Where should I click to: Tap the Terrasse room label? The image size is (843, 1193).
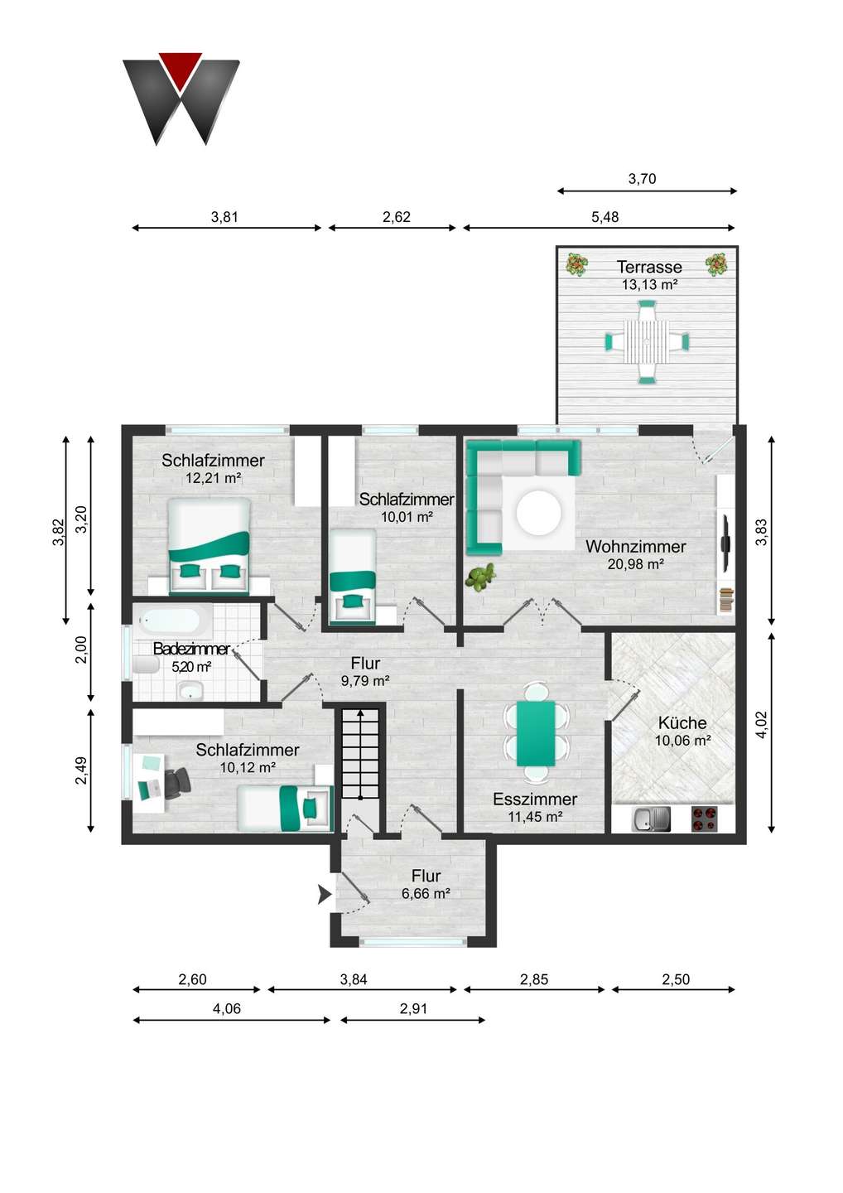pos(649,267)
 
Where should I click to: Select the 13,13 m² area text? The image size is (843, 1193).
pos(649,284)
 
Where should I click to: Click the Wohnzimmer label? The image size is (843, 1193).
pos(635,546)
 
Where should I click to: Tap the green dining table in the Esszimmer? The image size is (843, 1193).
pos(536,733)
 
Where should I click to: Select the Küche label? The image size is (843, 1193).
pos(682,722)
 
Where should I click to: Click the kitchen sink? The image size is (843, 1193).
pos(652,819)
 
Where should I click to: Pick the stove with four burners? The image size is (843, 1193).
pos(703,819)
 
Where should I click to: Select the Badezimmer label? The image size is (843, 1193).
pos(191,649)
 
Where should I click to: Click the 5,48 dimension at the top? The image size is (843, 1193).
pos(605,217)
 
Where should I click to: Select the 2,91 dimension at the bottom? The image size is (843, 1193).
pos(413,1008)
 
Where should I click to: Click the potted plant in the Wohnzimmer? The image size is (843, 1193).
pos(479,577)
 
